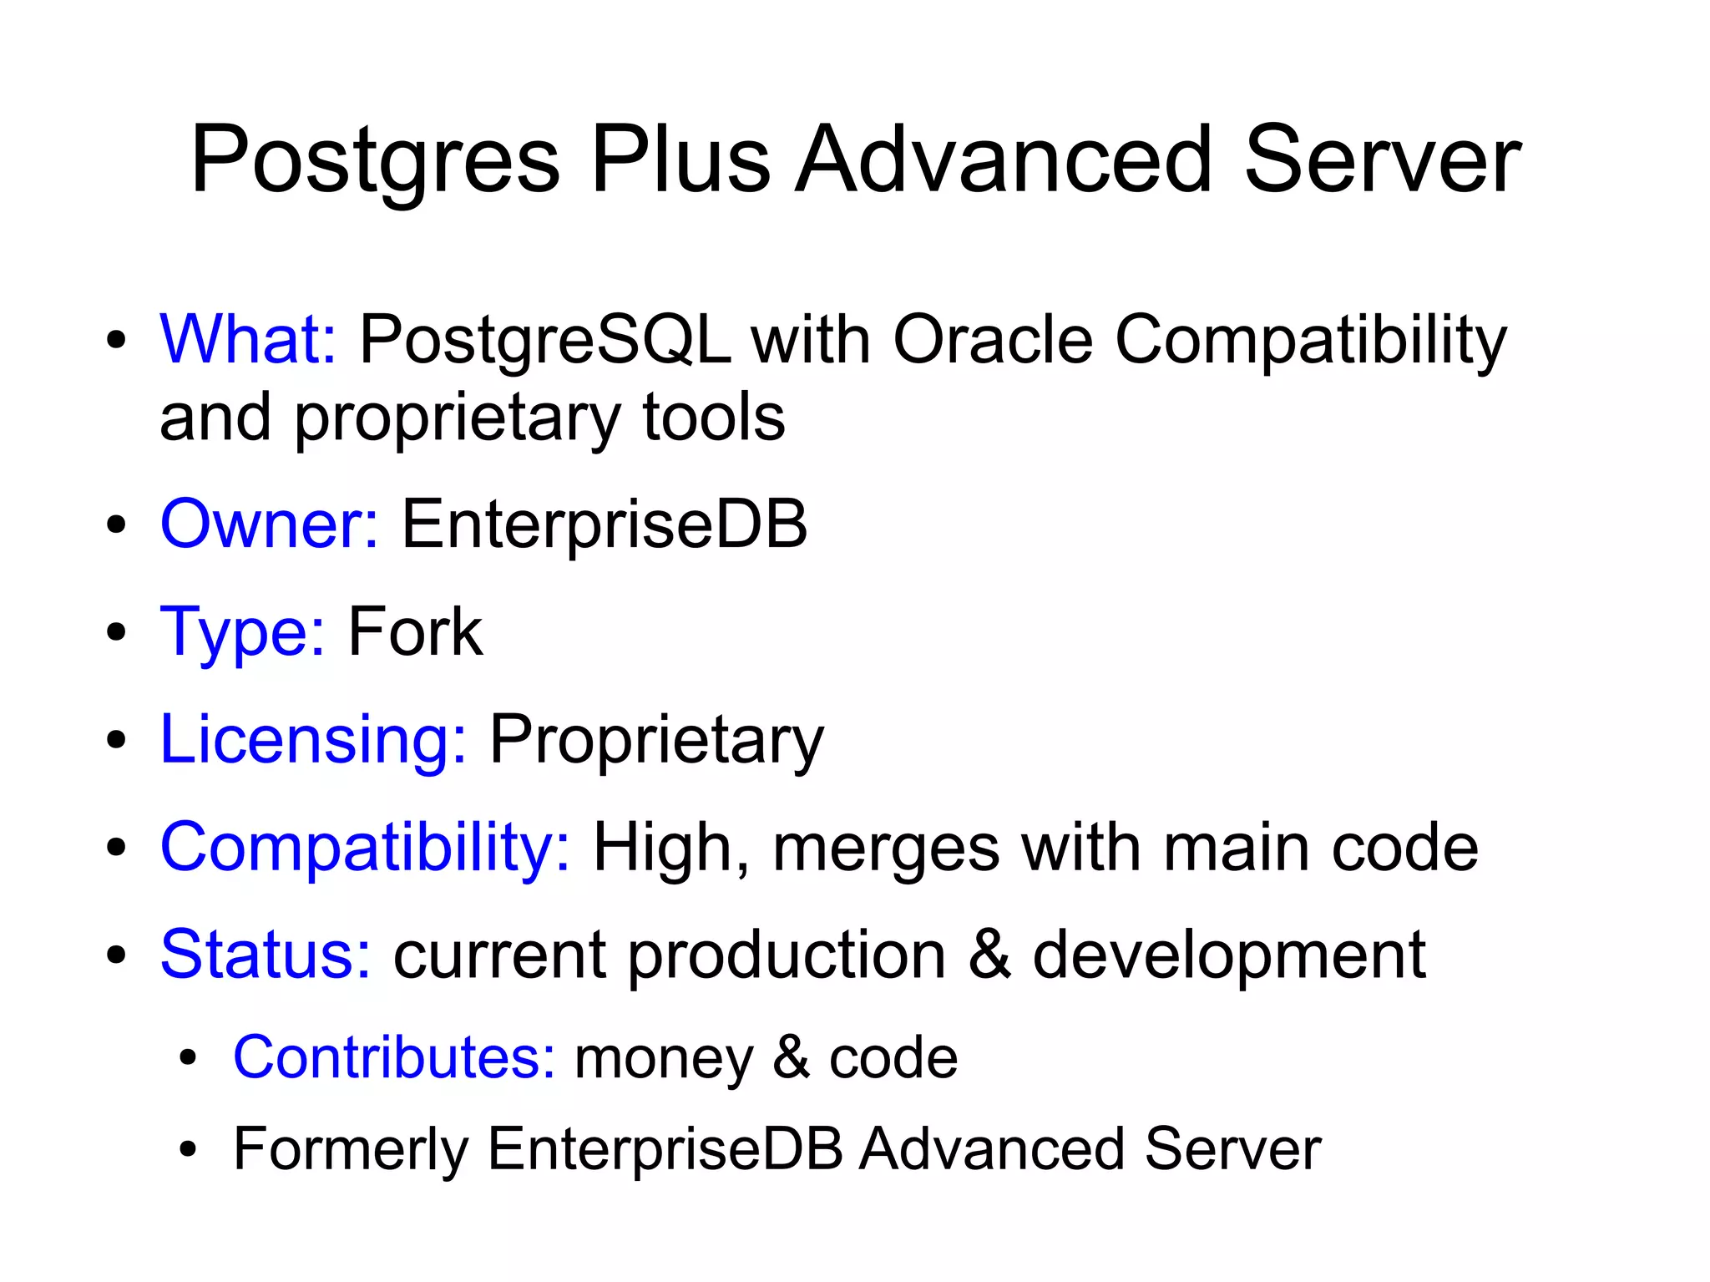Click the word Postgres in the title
375,160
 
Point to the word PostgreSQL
544,341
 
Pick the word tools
714,417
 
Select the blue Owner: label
269,524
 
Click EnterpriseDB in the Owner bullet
605,524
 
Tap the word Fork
415,631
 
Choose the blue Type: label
242,633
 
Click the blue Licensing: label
313,739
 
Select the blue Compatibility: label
365,848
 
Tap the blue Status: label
266,954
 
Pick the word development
1229,955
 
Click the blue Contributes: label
394,1057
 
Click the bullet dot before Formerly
188,1149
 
